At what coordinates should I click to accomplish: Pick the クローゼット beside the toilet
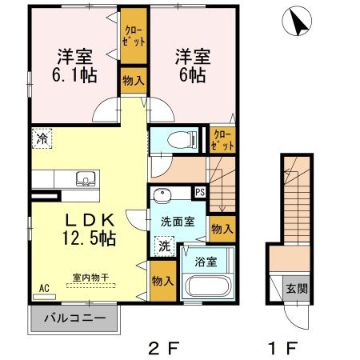point(222,140)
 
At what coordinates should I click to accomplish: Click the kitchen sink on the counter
point(82,178)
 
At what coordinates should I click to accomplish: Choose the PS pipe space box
point(200,193)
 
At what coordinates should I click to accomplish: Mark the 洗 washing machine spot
point(162,246)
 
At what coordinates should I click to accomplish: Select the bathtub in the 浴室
point(206,287)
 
